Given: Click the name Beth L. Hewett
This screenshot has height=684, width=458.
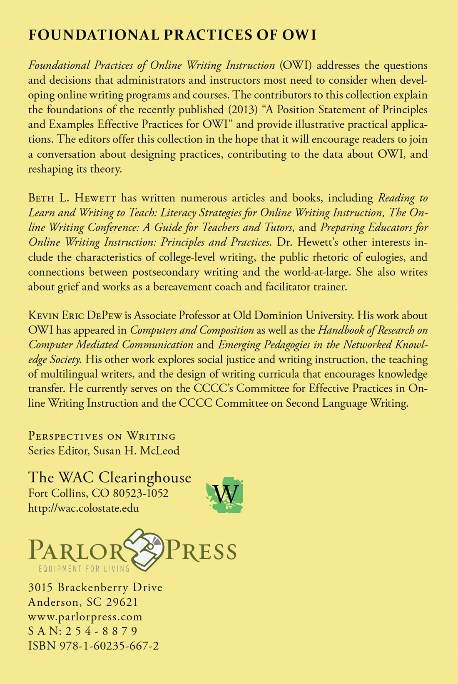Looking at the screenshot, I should point(72,198).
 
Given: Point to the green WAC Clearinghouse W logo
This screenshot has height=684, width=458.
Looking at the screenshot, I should point(225,495).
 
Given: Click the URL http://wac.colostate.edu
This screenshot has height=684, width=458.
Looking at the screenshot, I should point(83,508).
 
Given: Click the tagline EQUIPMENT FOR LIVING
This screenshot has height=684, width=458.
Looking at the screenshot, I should point(84,569).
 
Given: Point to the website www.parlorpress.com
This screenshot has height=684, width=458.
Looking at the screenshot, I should point(85,617).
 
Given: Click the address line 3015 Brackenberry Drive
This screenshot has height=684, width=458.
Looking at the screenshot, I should point(95,588).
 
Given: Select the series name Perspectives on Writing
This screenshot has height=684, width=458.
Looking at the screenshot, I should point(102,436).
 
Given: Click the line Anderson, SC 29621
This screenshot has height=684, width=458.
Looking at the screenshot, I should point(82,602).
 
